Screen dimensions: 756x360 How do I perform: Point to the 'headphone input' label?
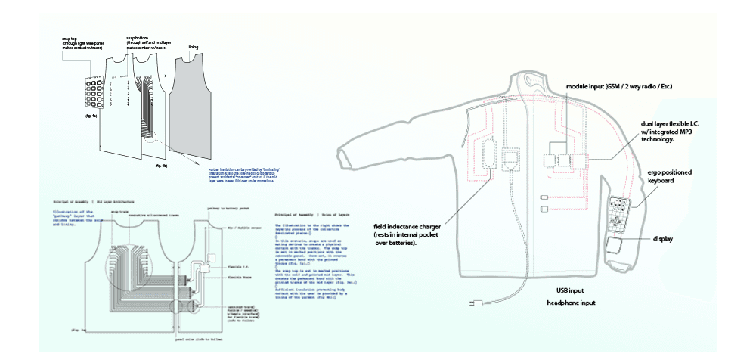click(x=572, y=303)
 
